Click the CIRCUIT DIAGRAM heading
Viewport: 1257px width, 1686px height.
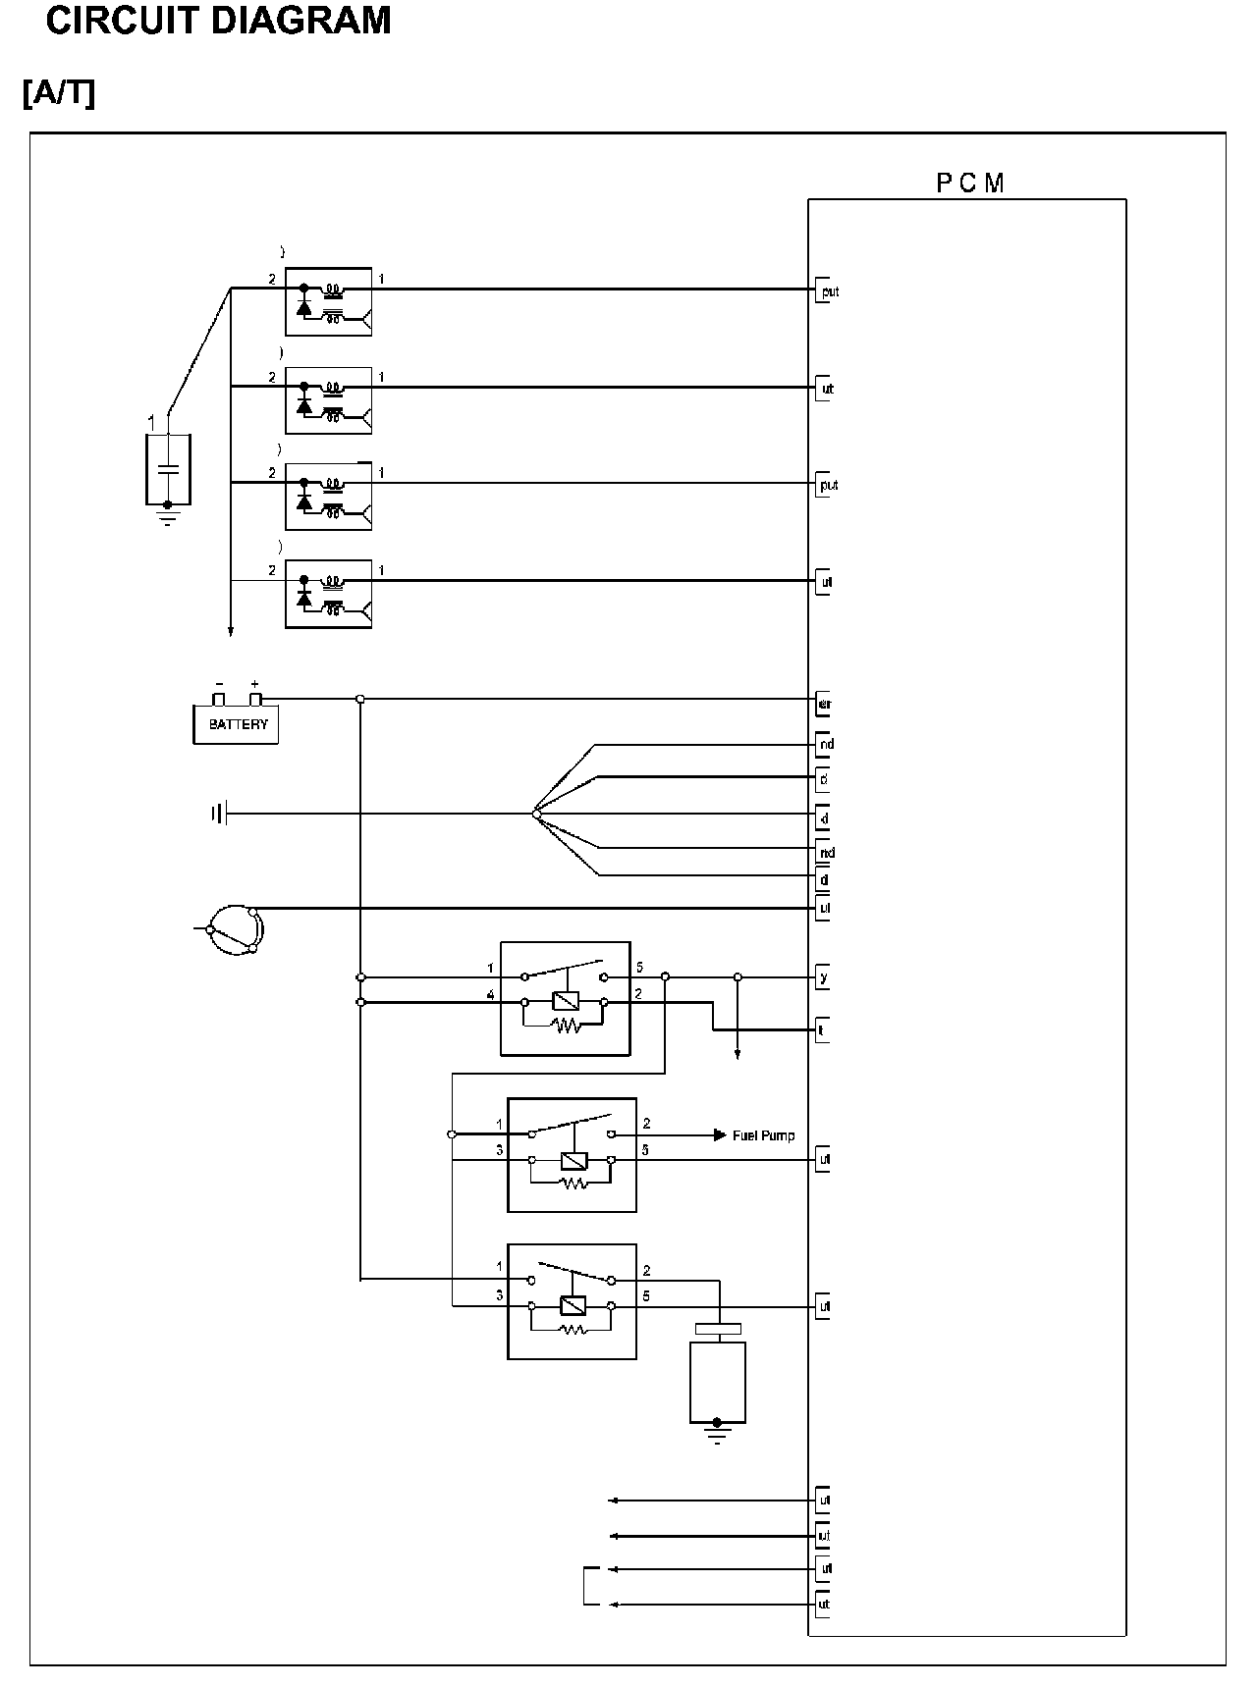click(218, 21)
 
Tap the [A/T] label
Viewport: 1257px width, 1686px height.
click(59, 93)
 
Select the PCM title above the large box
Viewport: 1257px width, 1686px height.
click(969, 184)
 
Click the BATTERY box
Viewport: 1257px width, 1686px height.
click(236, 724)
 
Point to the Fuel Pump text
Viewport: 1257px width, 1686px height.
click(763, 1135)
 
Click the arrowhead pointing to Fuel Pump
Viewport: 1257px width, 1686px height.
click(719, 1135)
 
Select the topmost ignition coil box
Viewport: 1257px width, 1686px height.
click(328, 301)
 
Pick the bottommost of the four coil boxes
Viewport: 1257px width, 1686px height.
click(328, 594)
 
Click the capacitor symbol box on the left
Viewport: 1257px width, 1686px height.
click(168, 470)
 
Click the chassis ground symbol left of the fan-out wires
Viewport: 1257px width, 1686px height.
click(219, 814)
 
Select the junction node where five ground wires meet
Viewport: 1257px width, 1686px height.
click(535, 814)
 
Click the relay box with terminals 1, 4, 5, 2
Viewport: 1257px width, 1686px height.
click(565, 999)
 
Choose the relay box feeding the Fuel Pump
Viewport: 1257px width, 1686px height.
click(572, 1155)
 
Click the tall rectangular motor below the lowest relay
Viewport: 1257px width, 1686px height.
click(718, 1379)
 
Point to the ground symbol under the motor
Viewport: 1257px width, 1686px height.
click(718, 1435)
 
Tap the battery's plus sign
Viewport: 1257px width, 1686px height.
click(255, 684)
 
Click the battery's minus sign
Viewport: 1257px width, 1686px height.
click(219, 684)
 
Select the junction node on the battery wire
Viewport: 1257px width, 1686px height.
click(360, 699)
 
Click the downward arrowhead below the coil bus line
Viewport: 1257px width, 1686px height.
click(231, 632)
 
